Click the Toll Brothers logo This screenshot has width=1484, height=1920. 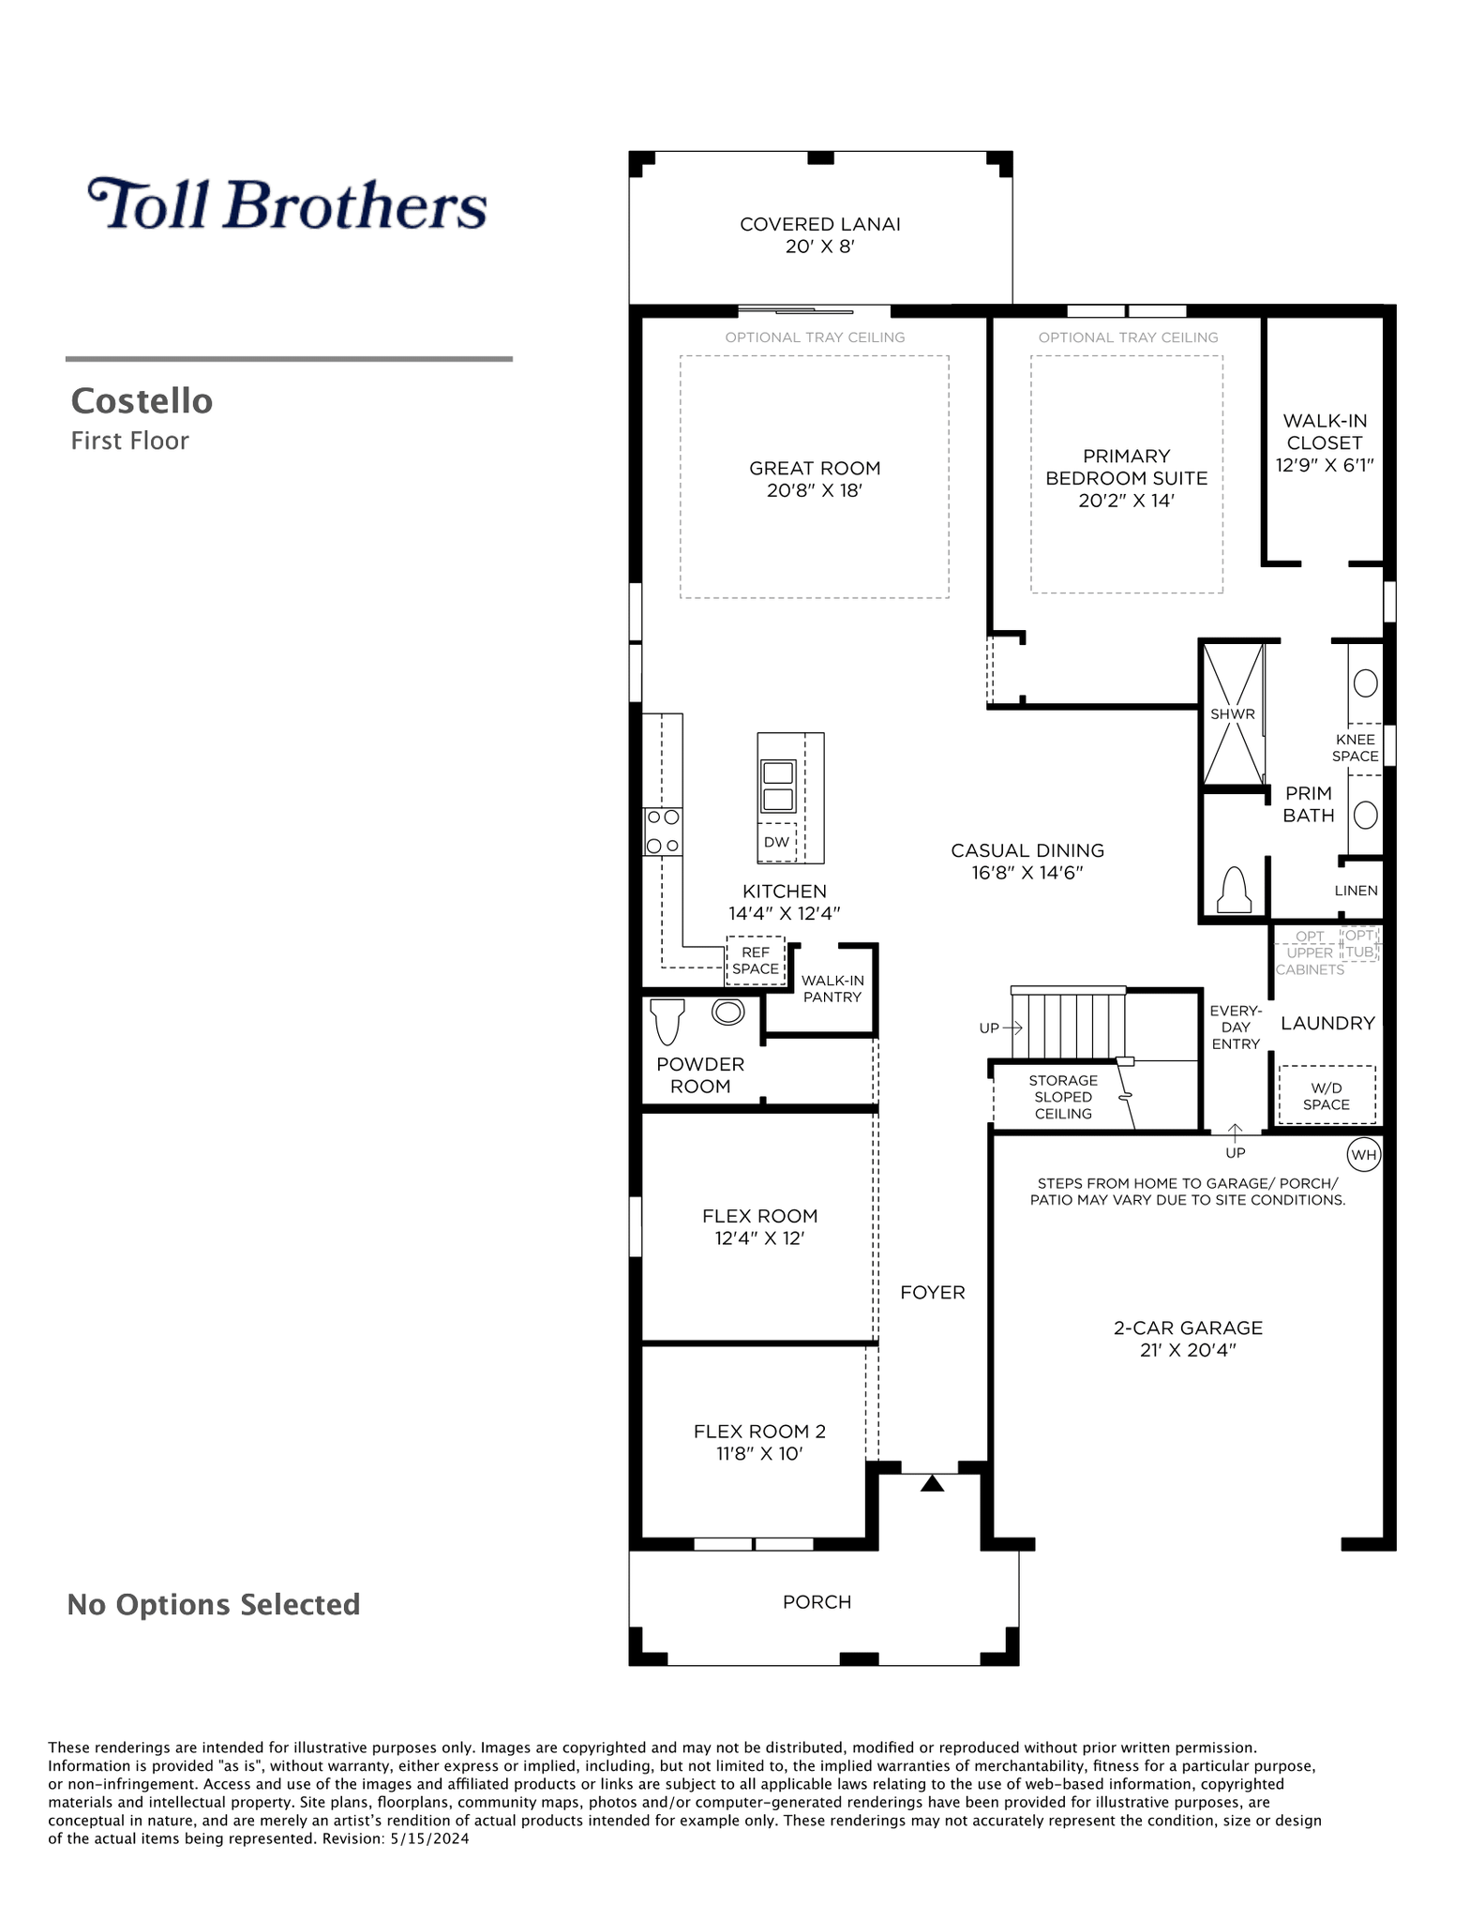coord(288,204)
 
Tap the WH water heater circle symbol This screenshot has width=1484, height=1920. coord(1364,1154)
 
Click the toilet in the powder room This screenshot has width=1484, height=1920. coord(667,1021)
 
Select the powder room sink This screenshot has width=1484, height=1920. coord(727,1012)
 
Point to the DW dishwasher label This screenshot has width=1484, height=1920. coord(776,842)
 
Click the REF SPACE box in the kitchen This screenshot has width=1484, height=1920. coord(756,960)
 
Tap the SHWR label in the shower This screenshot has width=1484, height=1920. coord(1232,713)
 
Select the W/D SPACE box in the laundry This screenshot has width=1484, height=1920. coord(1327,1095)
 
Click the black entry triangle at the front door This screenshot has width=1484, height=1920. coord(932,1483)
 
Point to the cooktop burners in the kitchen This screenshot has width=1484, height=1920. coord(663,831)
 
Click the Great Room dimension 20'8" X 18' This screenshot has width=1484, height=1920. coord(815,490)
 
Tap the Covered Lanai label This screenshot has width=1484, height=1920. coord(820,224)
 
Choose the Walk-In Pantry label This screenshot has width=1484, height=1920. coord(832,988)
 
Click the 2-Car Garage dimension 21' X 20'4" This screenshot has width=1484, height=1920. coord(1188,1350)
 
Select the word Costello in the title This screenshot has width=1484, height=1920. coord(142,400)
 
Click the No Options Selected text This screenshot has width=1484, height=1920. coord(214,1604)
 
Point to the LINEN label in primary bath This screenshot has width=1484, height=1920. coord(1357,891)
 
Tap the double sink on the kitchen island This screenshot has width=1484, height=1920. coord(778,786)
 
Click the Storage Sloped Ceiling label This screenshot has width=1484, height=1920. coord(1063,1097)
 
